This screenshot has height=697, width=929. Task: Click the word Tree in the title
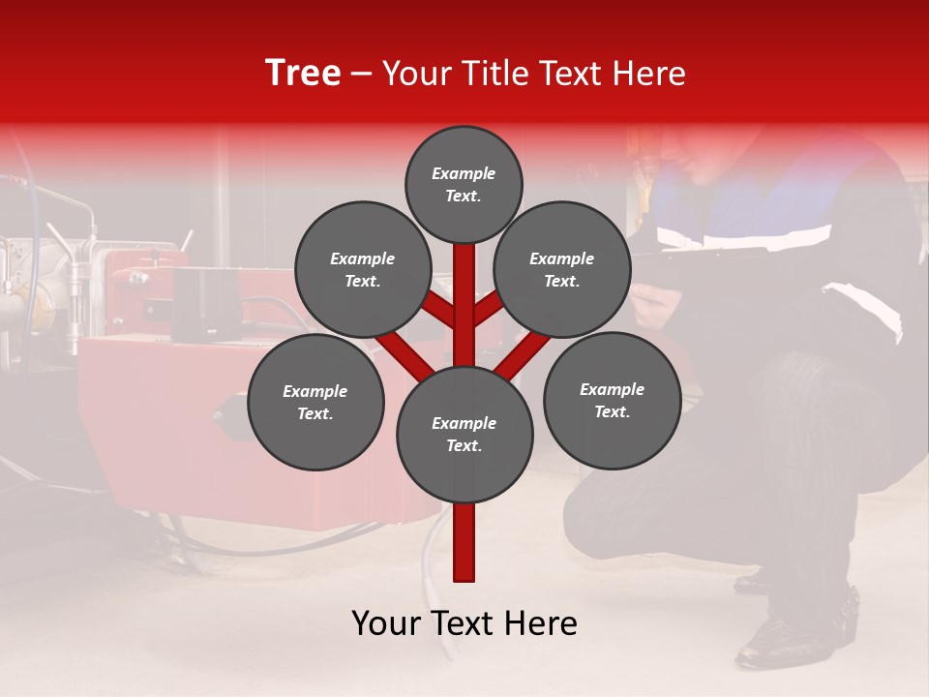[303, 74]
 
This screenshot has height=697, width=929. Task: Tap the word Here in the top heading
[649, 74]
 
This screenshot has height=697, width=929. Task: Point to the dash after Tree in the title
[362, 75]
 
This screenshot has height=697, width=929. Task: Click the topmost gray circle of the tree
[464, 184]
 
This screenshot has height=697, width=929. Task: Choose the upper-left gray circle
[363, 269]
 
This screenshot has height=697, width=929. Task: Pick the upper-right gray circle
[562, 269]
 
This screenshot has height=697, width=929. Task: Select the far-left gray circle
[315, 402]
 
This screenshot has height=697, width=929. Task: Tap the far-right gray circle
[612, 400]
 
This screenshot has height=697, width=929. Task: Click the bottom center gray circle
[464, 434]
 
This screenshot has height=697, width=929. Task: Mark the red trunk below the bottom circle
[464, 542]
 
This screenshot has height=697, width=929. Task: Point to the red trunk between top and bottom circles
[464, 300]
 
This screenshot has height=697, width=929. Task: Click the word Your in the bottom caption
[385, 623]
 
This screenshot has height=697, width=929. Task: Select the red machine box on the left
[174, 416]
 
